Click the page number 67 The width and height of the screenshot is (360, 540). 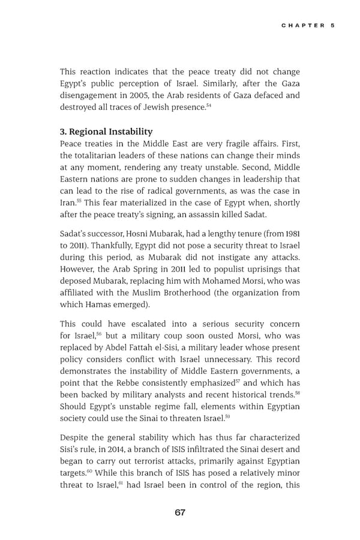click(x=180, y=512)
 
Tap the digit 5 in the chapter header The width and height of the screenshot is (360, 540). click(x=332, y=25)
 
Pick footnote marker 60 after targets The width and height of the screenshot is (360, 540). click(x=89, y=471)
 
